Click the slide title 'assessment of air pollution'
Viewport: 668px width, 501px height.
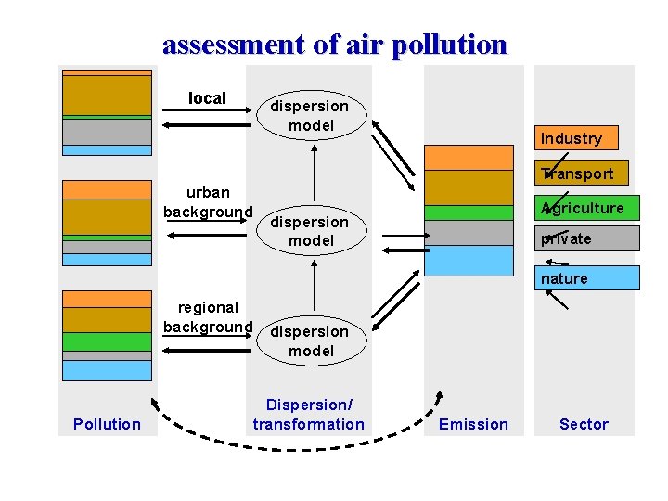click(335, 45)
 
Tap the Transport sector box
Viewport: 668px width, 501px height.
click(578, 173)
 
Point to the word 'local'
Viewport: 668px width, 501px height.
click(207, 98)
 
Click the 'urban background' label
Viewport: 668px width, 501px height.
click(208, 202)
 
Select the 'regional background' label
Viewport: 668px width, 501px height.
click(208, 316)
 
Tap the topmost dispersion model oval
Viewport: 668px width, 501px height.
click(311, 116)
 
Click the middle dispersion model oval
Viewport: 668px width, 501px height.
click(311, 231)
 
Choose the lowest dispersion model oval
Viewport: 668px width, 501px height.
click(311, 340)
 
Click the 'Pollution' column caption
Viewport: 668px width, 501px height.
click(107, 424)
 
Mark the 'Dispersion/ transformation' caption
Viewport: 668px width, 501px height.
click(309, 415)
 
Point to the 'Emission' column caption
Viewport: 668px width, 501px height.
click(473, 424)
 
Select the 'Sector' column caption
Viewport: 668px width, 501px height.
click(584, 424)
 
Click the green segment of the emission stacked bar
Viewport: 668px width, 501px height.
click(469, 212)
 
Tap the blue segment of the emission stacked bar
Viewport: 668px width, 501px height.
click(469, 260)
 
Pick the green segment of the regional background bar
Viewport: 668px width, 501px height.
click(107, 341)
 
